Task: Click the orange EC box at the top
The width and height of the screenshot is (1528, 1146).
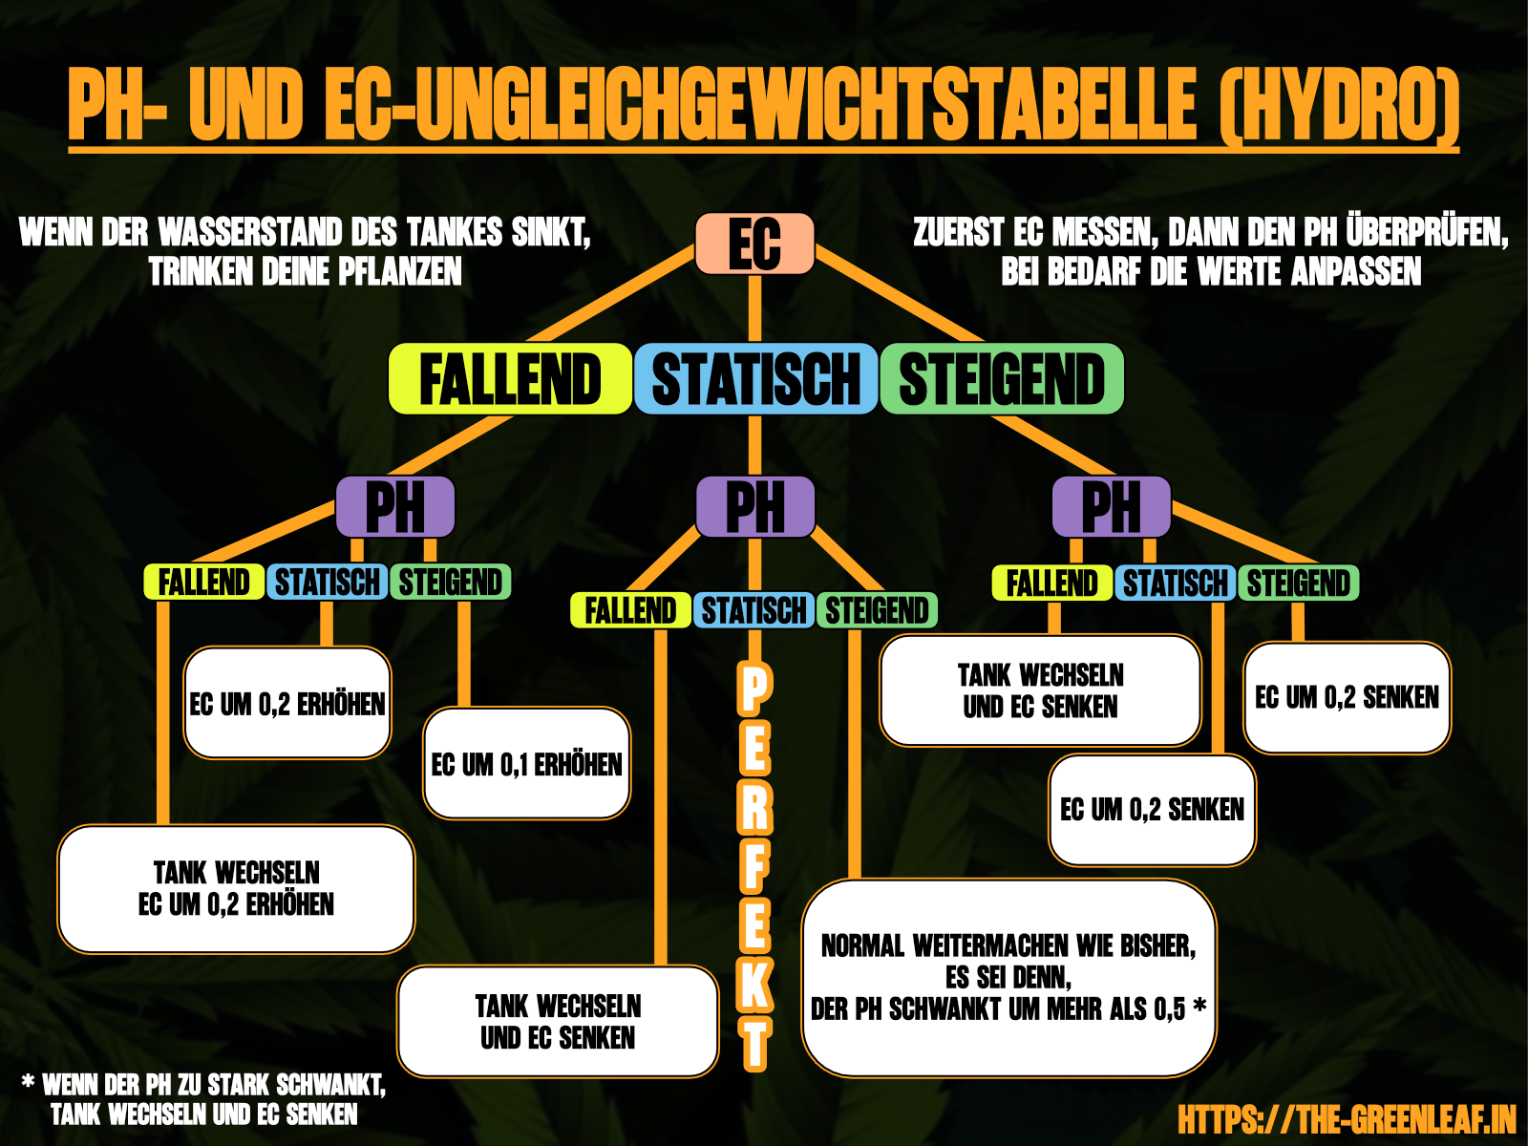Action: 754,244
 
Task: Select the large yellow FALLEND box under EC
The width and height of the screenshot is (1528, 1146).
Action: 510,379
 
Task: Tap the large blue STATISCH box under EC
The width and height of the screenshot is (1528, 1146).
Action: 755,379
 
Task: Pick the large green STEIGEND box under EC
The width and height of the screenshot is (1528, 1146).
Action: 1002,379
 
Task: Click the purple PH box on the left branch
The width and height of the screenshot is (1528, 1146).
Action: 394,507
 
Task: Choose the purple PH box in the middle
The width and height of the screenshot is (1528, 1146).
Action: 754,507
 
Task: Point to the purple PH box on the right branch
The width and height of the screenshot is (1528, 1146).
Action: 1111,507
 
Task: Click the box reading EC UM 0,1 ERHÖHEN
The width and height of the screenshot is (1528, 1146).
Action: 526,764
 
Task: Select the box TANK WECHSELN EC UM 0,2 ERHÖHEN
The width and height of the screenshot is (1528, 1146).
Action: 236,889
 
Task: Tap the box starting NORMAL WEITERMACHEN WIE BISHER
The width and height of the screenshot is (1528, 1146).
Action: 1008,978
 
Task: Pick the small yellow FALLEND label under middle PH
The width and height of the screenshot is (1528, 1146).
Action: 630,610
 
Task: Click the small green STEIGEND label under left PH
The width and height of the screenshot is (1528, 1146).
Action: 450,582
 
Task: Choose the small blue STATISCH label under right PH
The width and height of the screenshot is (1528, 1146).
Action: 1175,583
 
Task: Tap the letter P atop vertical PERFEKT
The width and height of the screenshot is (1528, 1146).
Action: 754,690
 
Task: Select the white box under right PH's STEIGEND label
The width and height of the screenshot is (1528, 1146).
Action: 1347,698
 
